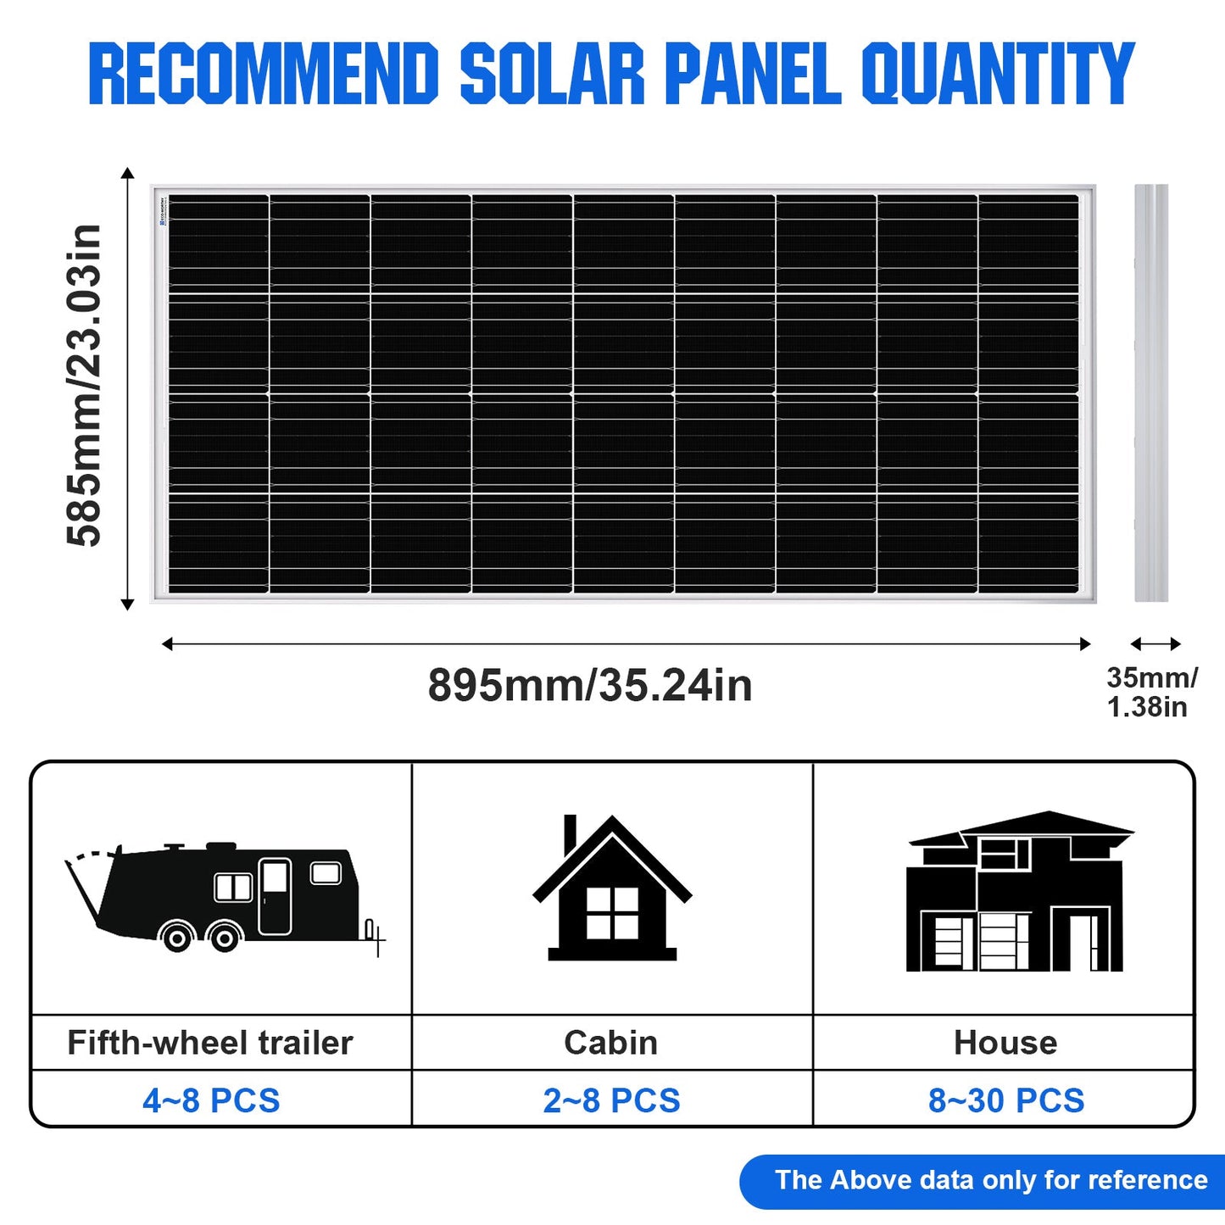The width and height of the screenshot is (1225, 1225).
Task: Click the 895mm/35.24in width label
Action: tap(589, 686)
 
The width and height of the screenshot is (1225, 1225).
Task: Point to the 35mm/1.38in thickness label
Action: tap(1152, 693)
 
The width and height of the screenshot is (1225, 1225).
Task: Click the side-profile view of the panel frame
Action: tap(1151, 393)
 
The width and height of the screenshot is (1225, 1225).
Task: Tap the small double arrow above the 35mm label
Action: tap(1155, 644)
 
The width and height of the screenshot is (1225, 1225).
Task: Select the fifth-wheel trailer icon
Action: tap(225, 897)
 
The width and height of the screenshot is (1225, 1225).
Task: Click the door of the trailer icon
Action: tap(275, 896)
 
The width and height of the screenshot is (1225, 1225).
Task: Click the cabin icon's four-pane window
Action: tap(611, 913)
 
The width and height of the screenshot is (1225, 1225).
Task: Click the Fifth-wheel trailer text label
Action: tap(209, 1043)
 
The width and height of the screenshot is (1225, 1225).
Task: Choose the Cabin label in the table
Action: tap(611, 1043)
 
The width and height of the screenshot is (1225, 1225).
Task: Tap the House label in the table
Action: tap(1005, 1043)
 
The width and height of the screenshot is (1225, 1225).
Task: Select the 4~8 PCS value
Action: tap(211, 1100)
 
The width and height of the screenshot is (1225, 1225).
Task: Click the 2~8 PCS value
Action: tap(611, 1100)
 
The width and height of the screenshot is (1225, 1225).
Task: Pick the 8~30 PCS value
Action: tap(1006, 1100)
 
